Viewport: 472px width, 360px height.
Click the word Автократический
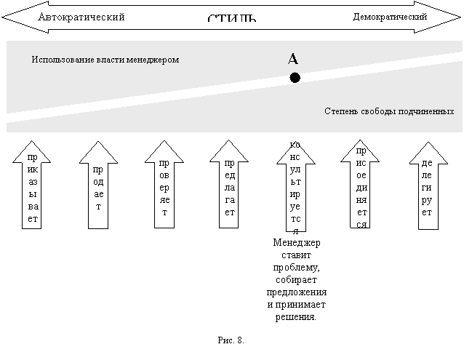81,16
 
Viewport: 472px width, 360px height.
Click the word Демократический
389,16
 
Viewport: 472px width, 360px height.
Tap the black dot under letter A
295,77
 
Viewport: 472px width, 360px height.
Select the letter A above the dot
294,59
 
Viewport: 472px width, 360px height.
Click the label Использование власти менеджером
105,60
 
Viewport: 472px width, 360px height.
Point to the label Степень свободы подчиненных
389,111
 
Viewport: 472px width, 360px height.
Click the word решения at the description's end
296,318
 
